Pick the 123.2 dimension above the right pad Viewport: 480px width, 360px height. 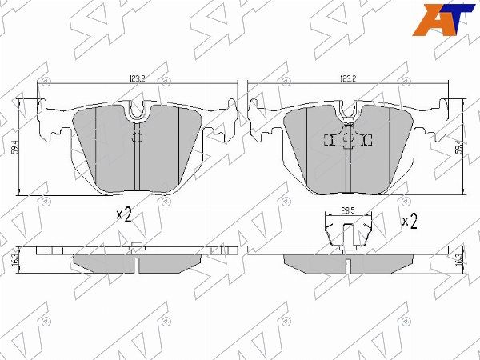[x=347, y=78]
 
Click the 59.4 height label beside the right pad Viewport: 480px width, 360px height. [x=458, y=146]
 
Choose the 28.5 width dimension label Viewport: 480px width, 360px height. [x=347, y=211]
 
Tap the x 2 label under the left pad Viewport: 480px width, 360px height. [x=124, y=214]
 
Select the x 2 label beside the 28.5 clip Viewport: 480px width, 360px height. [x=409, y=221]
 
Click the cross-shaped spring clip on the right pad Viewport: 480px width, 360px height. [x=349, y=140]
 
